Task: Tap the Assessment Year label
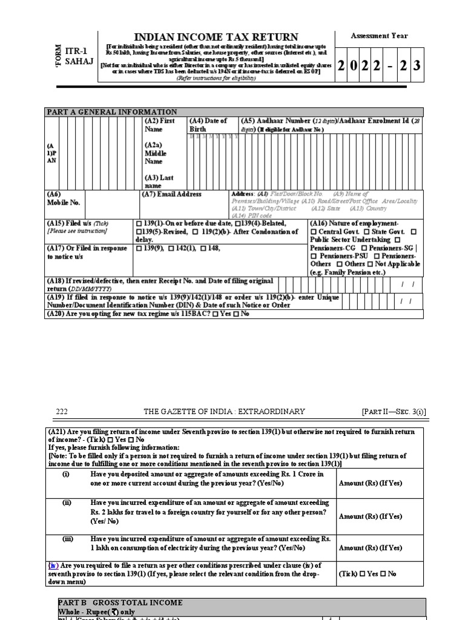(x=379, y=36)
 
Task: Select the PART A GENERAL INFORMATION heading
(x=112, y=112)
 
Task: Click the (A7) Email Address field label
(x=171, y=194)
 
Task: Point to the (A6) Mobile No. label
(x=64, y=199)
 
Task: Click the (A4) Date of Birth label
(x=208, y=125)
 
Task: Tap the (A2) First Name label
(x=160, y=125)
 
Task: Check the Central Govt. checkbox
(x=314, y=232)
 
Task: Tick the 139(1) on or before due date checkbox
(x=140, y=223)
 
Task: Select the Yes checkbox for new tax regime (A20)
(x=216, y=314)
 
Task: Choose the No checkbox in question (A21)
(x=131, y=440)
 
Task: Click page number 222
(x=62, y=412)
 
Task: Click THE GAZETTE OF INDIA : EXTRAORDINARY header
(x=224, y=412)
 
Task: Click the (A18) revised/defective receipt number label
(x=160, y=285)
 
